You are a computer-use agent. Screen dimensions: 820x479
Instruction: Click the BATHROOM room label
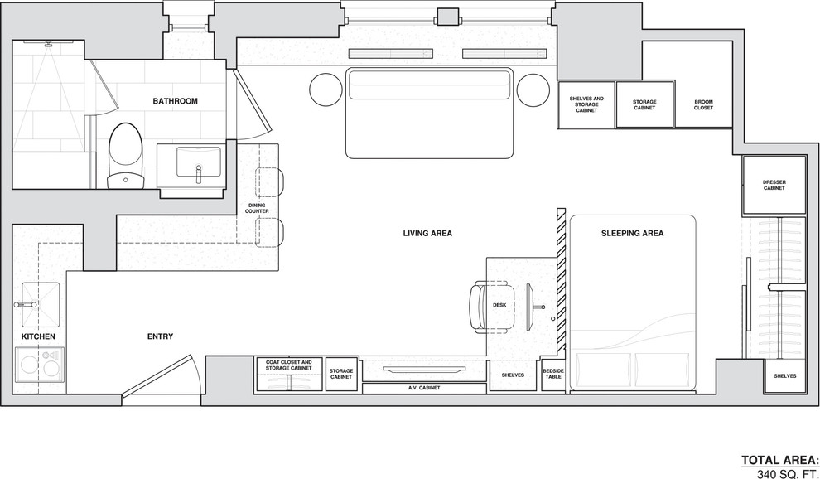click(x=176, y=101)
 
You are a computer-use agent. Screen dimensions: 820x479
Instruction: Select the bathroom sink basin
click(x=198, y=162)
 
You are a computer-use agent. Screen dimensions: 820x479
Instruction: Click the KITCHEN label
click(x=38, y=336)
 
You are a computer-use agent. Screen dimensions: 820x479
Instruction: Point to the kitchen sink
click(x=41, y=305)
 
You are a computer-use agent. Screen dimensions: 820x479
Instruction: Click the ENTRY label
click(x=160, y=336)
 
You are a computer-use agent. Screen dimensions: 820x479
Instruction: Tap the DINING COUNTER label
click(x=257, y=208)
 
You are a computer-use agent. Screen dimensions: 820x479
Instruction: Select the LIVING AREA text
click(x=427, y=233)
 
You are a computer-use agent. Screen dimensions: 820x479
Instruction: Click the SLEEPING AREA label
click(x=632, y=233)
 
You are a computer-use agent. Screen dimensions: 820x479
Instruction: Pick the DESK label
click(x=499, y=305)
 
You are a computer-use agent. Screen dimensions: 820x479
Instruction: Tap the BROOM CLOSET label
click(x=703, y=104)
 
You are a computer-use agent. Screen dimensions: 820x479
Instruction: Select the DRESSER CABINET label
click(x=774, y=186)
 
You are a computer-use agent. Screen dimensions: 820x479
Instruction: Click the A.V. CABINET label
click(x=424, y=388)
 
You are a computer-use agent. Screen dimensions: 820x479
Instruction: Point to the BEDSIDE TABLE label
click(x=552, y=373)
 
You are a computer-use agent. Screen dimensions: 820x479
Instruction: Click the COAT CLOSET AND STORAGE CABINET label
click(x=289, y=365)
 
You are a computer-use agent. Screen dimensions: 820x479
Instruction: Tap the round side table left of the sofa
click(x=326, y=90)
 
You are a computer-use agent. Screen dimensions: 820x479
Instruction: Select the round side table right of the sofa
click(x=533, y=90)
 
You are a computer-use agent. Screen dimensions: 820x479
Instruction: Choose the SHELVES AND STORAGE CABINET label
click(x=586, y=104)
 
